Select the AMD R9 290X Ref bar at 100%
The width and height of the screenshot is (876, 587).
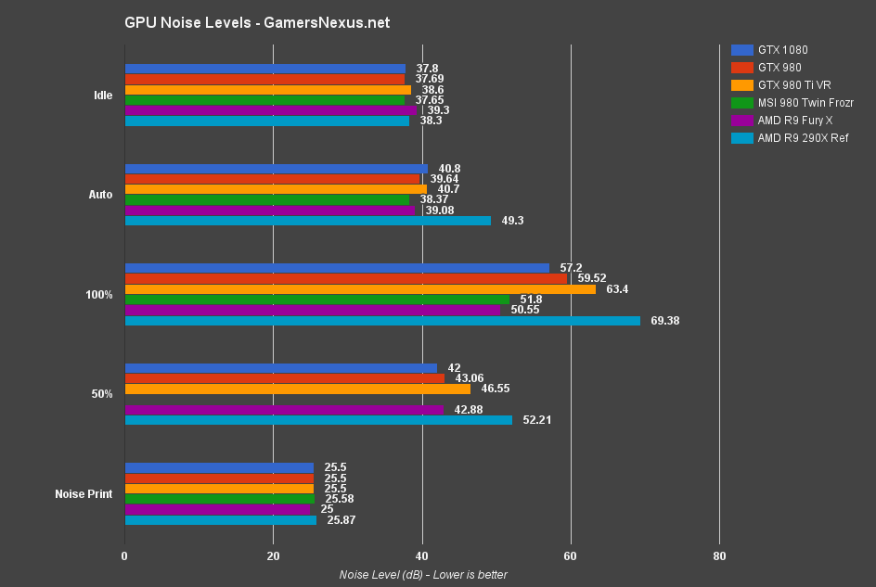pos(382,321)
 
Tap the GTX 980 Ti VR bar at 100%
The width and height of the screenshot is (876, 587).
pos(360,289)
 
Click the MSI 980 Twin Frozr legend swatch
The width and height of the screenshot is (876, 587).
pos(741,102)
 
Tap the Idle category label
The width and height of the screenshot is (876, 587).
pos(103,95)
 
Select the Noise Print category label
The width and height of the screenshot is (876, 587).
pos(84,494)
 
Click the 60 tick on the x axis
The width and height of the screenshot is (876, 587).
pos(570,556)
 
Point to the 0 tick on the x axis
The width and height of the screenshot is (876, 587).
pos(125,556)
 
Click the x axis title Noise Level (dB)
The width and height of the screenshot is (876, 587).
pos(423,575)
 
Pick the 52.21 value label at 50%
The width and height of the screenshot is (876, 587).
pos(538,420)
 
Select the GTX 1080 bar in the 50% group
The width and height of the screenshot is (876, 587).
pos(280,368)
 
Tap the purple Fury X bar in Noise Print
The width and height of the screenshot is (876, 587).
pos(217,509)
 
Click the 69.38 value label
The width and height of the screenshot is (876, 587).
pos(665,321)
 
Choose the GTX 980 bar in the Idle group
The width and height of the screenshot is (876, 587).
pos(264,79)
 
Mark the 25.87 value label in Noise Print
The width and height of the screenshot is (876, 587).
pos(340,520)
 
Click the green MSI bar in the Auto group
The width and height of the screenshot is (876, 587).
pos(267,199)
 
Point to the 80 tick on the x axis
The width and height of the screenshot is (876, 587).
pos(719,556)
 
